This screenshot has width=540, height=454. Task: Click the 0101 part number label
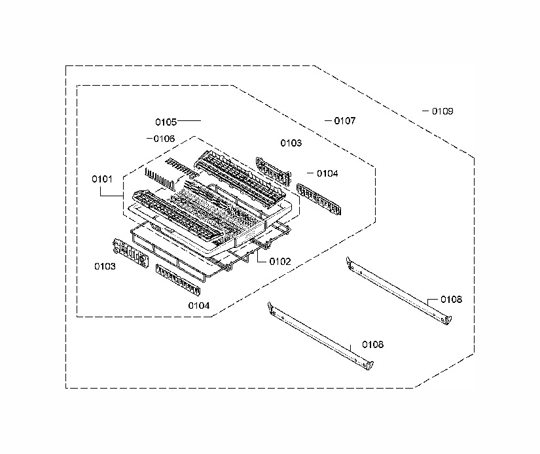point(102,179)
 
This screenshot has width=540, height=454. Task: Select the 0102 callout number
point(280,262)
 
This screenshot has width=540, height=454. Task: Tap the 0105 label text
point(166,122)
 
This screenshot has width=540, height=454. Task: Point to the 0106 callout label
point(164,139)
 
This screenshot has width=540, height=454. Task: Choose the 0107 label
point(345,121)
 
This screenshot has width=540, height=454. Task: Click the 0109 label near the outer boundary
point(442,111)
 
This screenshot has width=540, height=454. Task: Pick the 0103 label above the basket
point(291,143)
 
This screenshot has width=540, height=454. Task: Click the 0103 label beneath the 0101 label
point(105,266)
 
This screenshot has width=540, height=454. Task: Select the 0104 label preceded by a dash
point(327,173)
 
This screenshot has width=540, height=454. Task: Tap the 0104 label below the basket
point(199,306)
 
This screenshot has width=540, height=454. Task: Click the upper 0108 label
point(451,300)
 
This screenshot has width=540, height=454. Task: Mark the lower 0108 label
point(372,345)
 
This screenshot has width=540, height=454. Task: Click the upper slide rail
point(399,291)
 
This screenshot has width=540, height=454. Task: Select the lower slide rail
point(320,336)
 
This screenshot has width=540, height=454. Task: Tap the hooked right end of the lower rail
point(369,365)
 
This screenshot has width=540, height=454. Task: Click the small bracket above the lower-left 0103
point(130,253)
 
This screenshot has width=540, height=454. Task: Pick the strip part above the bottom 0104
point(178,280)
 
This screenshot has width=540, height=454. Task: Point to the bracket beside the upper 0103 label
point(274,170)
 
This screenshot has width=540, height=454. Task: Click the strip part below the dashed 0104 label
point(319,200)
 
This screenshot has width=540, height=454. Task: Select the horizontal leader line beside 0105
point(189,121)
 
